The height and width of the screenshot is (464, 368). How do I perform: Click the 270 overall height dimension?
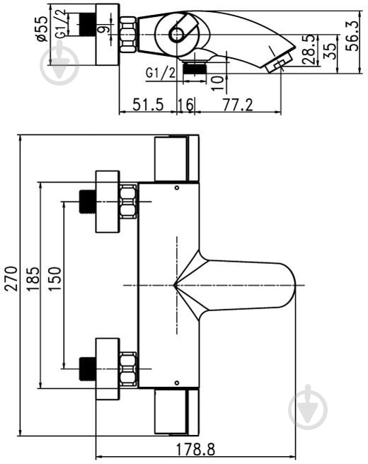click(11, 279)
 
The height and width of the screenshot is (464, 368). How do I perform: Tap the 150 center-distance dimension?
click(54, 279)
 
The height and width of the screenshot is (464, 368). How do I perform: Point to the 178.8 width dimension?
click(195, 450)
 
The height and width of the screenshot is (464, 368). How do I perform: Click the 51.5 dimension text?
click(148, 105)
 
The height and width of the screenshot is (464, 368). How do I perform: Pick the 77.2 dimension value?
click(238, 105)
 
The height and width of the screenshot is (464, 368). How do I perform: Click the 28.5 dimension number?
click(310, 50)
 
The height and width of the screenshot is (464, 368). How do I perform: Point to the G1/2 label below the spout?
click(161, 72)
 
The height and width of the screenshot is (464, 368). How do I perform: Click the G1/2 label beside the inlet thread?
click(61, 23)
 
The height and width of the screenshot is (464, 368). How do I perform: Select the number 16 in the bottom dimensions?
click(185, 105)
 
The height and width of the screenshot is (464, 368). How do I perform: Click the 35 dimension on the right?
click(330, 52)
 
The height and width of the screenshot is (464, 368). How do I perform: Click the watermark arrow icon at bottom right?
click(308, 407)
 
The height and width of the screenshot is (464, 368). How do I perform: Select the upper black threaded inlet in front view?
click(87, 202)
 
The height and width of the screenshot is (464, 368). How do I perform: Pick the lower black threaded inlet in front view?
click(87, 369)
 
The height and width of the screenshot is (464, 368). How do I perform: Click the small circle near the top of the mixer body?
click(177, 187)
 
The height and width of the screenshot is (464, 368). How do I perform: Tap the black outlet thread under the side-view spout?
click(195, 68)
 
